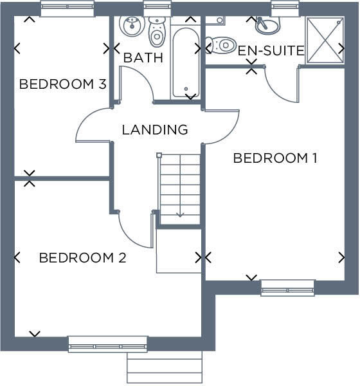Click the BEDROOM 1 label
pos(275,158)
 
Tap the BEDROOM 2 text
pos(82,258)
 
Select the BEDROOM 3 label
pos(62,84)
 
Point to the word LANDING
pos(155,130)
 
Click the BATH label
pos(143,58)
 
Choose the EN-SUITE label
pos(271,51)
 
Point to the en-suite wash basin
pos(268,26)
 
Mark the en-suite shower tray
pos(325,40)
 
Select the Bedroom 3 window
pos(67,8)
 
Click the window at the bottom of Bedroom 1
pos(287,288)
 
